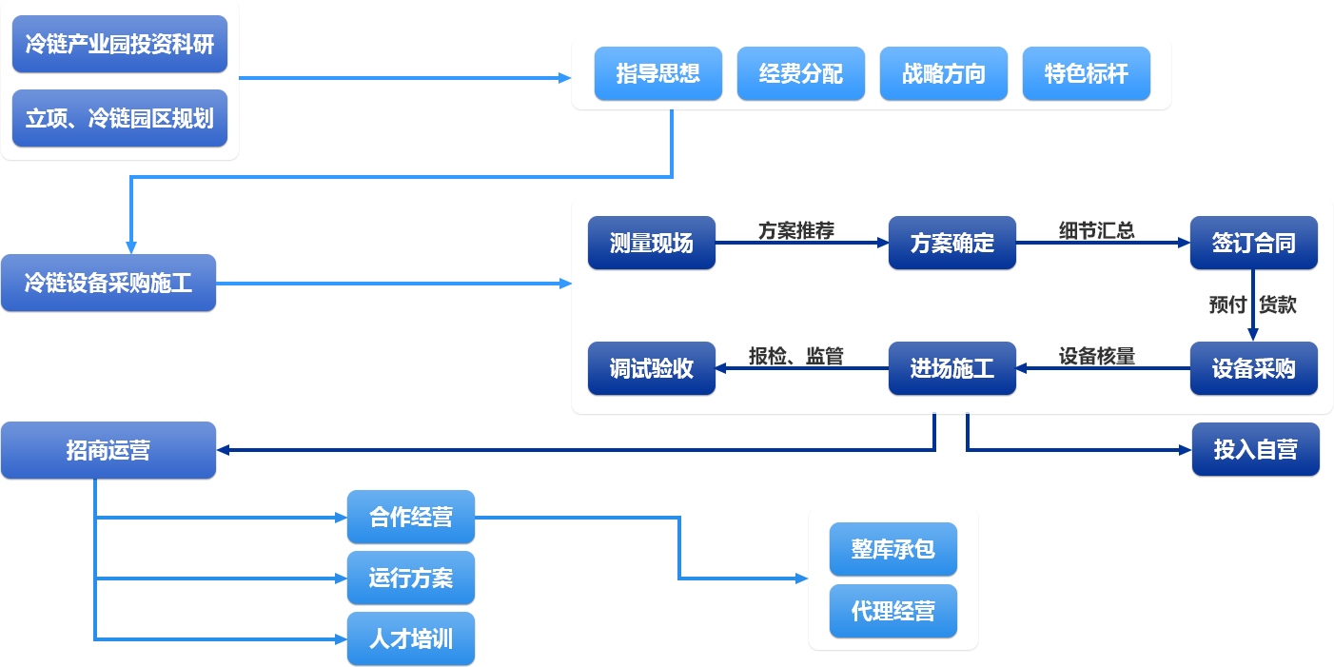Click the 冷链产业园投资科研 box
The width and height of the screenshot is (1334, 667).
tap(119, 44)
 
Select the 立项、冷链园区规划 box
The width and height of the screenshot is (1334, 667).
tap(119, 118)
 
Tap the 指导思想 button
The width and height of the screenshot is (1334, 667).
tap(657, 73)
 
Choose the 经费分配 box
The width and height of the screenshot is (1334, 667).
tap(800, 73)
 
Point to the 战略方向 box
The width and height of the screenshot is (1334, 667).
tap(943, 73)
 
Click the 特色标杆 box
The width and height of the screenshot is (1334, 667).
tap(1086, 73)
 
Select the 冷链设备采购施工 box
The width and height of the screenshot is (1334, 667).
tap(108, 283)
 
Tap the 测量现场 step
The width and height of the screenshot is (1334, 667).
tap(651, 243)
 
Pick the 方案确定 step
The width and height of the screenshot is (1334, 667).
tap(951, 243)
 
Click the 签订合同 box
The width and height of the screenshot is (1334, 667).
tap(1253, 243)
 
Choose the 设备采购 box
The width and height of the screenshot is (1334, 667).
tap(1253, 368)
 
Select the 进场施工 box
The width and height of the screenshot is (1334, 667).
tap(951, 368)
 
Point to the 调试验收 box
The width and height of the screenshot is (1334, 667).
tap(651, 368)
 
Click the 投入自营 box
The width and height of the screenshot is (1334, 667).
tap(1255, 449)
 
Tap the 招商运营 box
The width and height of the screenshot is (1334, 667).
tap(108, 450)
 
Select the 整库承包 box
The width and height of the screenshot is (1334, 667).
tap(893, 549)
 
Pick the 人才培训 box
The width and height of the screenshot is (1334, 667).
tap(410, 638)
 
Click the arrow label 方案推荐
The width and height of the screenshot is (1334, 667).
tap(796, 231)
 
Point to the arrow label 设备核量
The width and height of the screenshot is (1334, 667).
tap(1097, 357)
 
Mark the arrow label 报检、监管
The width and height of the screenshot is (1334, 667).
tap(796, 357)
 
